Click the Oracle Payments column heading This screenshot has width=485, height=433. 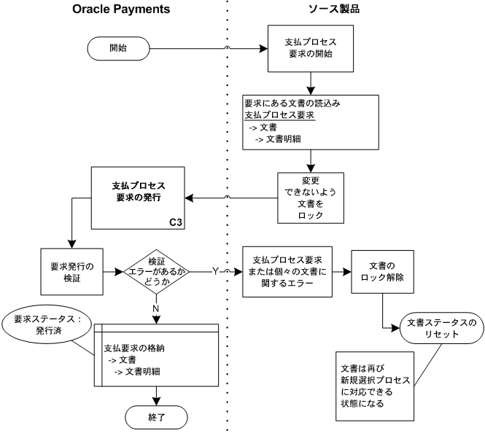click(x=121, y=9)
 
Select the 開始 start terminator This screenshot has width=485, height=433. click(x=118, y=49)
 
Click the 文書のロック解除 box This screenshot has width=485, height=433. click(x=382, y=271)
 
